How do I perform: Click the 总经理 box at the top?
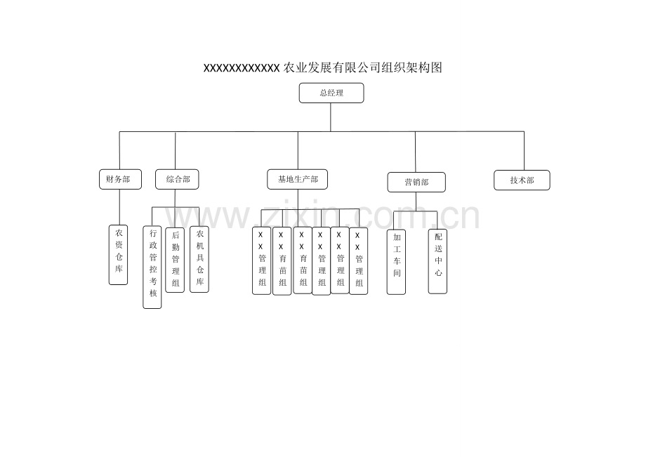click(x=331, y=93)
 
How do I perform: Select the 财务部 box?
click(x=120, y=179)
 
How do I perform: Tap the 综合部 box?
click(x=177, y=179)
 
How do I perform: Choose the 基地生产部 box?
click(x=298, y=179)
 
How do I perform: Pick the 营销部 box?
click(x=416, y=182)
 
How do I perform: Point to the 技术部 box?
click(x=522, y=180)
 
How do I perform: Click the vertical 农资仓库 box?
click(x=118, y=255)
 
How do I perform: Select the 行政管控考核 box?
click(x=152, y=267)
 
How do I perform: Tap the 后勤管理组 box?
click(x=175, y=260)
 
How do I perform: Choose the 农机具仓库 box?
click(x=199, y=259)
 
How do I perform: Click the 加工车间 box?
click(x=396, y=262)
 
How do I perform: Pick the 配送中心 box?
click(x=437, y=261)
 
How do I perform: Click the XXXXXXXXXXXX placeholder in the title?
click(x=242, y=68)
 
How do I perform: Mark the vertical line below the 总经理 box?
click(x=331, y=117)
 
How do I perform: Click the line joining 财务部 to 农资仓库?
click(x=120, y=207)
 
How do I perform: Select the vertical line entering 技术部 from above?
click(x=524, y=151)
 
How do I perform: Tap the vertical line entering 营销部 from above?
click(x=415, y=152)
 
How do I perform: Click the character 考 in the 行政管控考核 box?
click(x=153, y=282)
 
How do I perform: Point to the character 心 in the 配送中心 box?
click(x=438, y=272)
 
